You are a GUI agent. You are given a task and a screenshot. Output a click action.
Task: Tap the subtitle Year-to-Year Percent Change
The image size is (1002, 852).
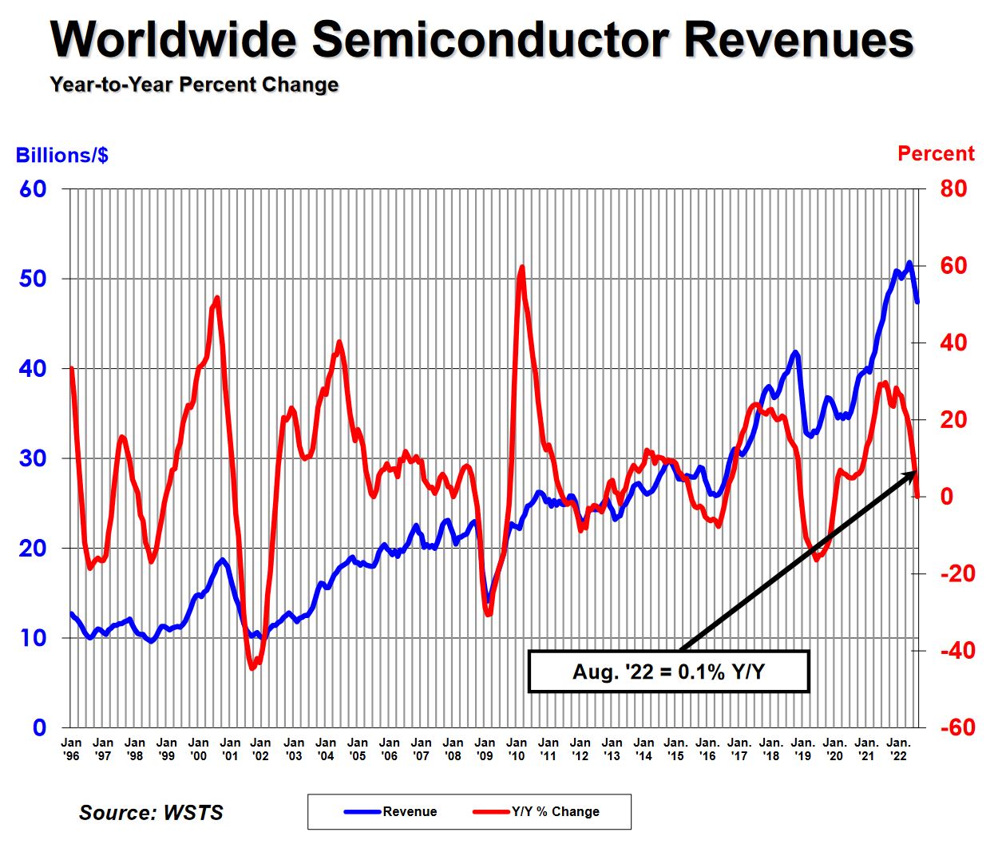[x=194, y=85]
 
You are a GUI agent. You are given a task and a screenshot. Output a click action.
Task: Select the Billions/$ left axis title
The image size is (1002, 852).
[x=62, y=155]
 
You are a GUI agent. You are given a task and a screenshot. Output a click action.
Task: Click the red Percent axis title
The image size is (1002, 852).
[x=936, y=153]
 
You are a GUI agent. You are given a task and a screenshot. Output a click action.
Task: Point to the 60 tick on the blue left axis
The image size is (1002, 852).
[x=34, y=189]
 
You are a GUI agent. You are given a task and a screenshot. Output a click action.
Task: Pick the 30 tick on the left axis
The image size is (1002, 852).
[x=34, y=458]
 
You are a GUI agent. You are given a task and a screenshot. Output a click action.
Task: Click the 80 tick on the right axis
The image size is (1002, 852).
[x=952, y=189]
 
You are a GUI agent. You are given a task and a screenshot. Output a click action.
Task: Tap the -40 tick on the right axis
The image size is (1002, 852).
[x=956, y=651]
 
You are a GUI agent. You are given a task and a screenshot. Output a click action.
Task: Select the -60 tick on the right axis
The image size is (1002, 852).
[x=956, y=727]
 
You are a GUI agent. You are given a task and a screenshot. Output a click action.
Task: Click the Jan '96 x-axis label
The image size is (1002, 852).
[x=71, y=749]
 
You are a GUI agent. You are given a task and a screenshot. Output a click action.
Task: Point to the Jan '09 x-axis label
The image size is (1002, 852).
[x=485, y=749]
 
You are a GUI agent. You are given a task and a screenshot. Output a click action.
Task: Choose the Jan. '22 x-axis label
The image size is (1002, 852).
[x=898, y=749]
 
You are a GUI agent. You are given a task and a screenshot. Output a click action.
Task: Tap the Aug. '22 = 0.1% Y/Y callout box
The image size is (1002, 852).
[x=668, y=672]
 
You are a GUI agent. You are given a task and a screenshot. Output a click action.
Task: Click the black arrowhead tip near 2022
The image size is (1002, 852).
[x=915, y=473]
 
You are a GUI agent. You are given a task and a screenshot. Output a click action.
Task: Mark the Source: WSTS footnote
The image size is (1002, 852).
[x=151, y=813]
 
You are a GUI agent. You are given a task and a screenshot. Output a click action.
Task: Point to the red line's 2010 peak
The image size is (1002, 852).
[x=522, y=267]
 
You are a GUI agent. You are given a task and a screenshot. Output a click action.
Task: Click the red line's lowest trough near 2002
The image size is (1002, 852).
[x=252, y=668]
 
